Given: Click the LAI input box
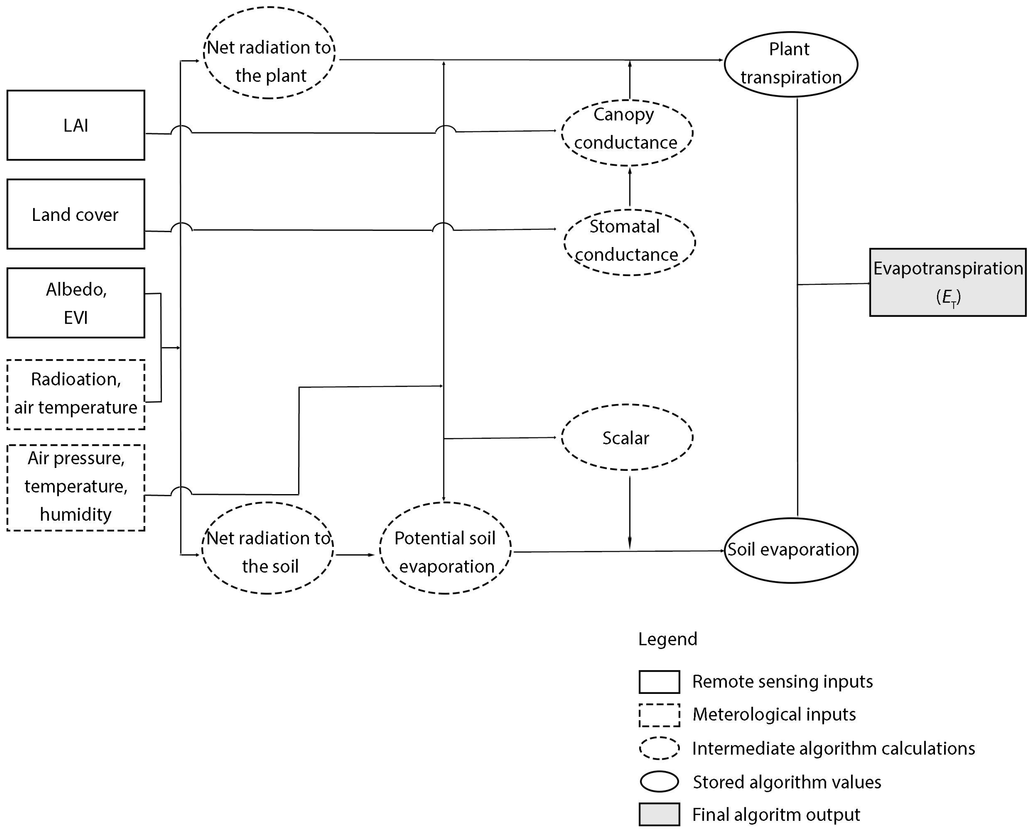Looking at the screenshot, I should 76,125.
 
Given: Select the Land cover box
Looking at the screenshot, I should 76,214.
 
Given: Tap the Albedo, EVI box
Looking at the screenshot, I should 76,303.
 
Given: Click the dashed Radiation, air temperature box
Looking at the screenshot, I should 76,394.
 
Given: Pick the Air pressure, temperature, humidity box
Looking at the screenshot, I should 76,488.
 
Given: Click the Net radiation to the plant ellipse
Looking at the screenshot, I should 269,53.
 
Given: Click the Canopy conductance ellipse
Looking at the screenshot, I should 627,133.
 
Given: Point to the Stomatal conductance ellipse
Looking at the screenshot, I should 629,242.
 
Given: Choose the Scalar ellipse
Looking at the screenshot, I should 627,437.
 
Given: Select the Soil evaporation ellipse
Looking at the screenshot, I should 790,550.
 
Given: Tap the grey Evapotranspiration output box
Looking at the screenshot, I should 948,282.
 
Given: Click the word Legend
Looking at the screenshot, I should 667,639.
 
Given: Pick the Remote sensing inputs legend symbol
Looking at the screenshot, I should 659,682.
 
